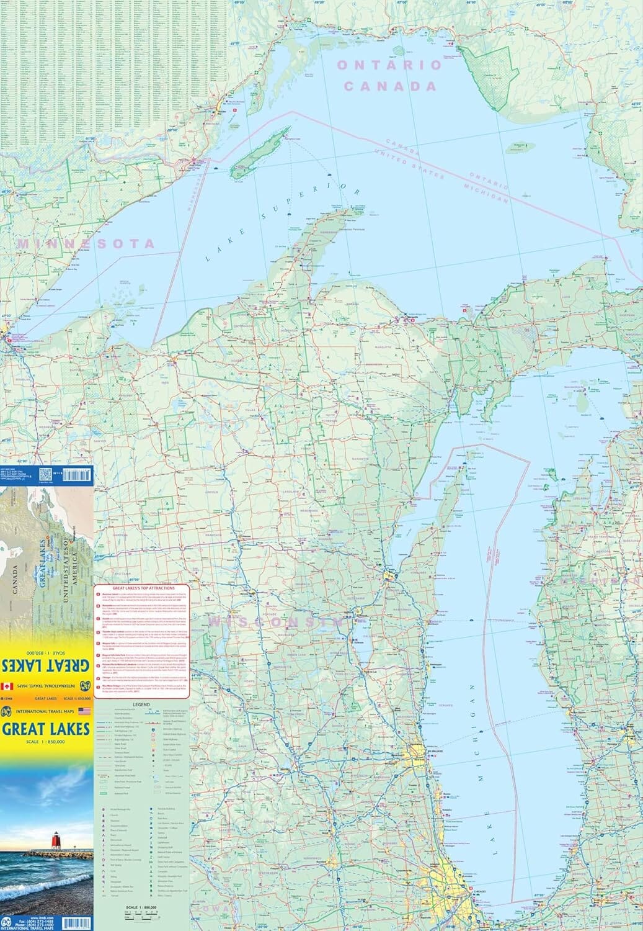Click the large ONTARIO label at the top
coord(389,65)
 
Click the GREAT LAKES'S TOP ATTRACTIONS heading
coord(144,588)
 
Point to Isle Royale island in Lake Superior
coord(260,150)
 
